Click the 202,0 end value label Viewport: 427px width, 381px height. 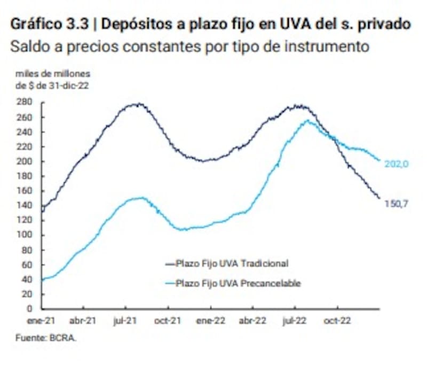[396, 165]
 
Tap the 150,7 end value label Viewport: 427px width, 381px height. [396, 203]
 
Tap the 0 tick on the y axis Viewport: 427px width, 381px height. [30, 308]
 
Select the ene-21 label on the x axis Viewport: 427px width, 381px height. [42, 321]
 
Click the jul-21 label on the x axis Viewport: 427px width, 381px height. [126, 321]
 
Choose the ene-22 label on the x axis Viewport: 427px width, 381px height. [211, 321]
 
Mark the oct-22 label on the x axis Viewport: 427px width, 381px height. [337, 321]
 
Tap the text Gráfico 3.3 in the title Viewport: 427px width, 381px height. [45, 25]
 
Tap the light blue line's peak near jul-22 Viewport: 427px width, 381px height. [307, 121]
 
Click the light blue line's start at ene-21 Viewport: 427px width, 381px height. [43, 279]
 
